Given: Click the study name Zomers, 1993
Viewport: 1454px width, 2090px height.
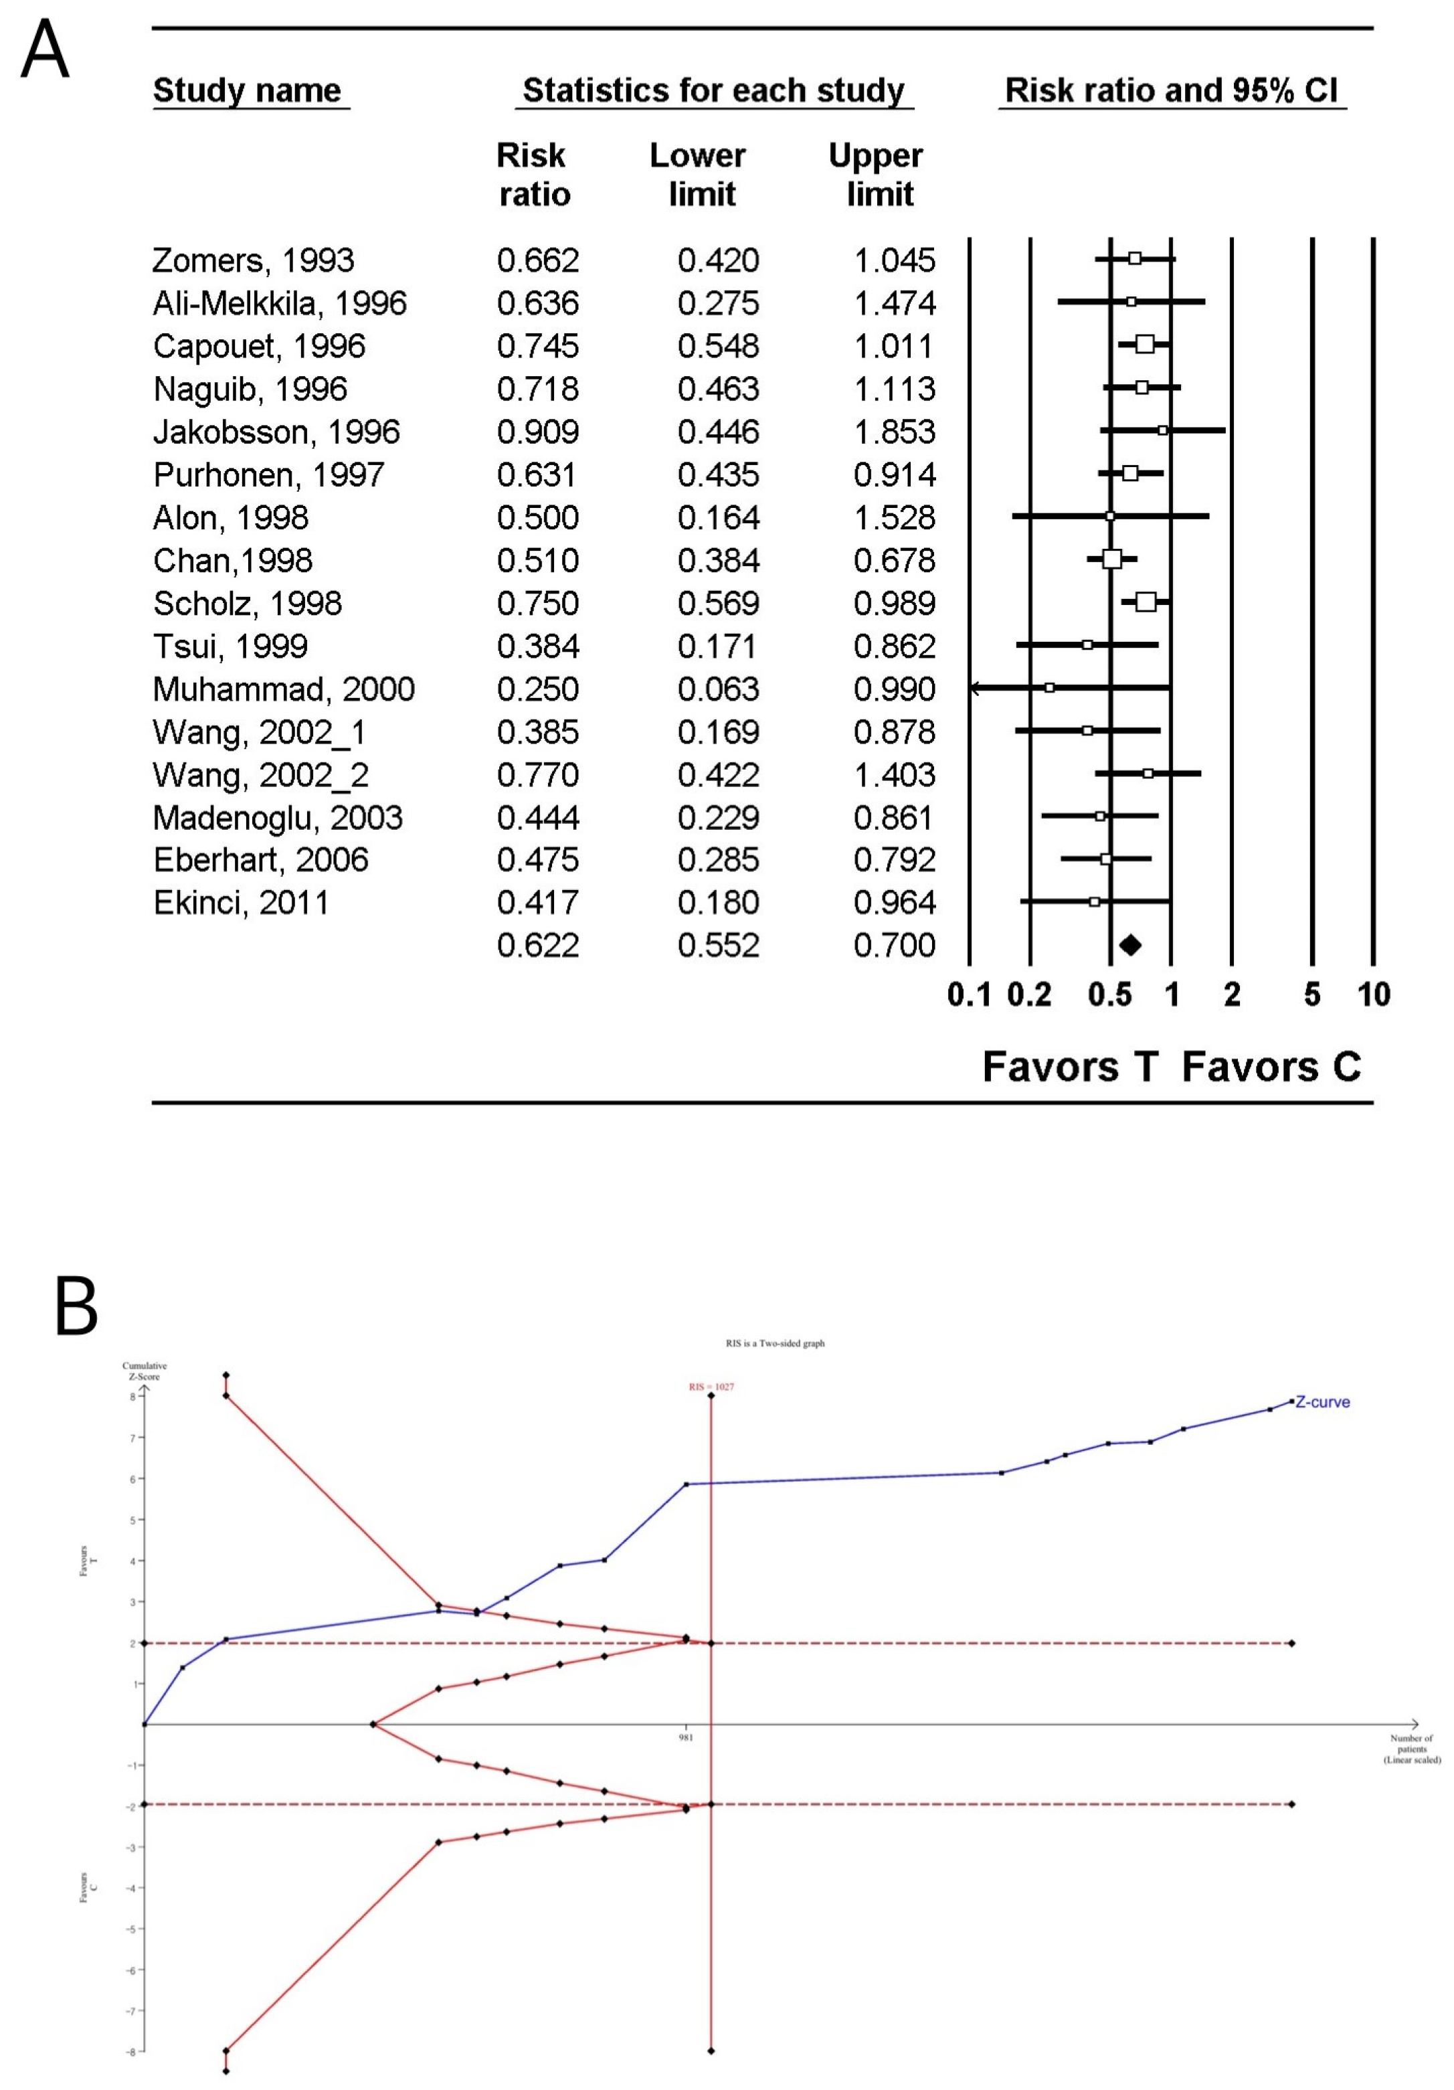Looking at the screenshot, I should click(x=252, y=260).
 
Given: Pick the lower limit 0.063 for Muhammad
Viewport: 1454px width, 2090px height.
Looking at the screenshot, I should click(x=718, y=689).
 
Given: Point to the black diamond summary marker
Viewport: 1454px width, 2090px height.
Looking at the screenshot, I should click(x=1129, y=945).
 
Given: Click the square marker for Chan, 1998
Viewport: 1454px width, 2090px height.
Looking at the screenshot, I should click(x=1111, y=559).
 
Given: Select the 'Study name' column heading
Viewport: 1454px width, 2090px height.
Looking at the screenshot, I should click(x=247, y=90).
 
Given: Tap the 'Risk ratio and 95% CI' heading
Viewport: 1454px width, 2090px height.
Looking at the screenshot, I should click(x=1171, y=90).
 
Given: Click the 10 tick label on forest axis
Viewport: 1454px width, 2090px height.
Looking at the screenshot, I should click(x=1373, y=994).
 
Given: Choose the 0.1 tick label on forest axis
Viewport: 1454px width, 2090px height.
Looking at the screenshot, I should click(x=969, y=994).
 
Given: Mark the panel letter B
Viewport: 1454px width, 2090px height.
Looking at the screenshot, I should click(x=76, y=1306).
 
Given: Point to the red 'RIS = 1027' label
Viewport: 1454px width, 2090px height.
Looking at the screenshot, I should click(x=711, y=1387).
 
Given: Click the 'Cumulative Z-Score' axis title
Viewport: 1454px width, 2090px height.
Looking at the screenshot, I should click(x=144, y=1371).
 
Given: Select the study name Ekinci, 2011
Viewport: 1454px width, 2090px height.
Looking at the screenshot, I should click(x=240, y=902).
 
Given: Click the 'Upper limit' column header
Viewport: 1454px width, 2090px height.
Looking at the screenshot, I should click(x=875, y=175).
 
